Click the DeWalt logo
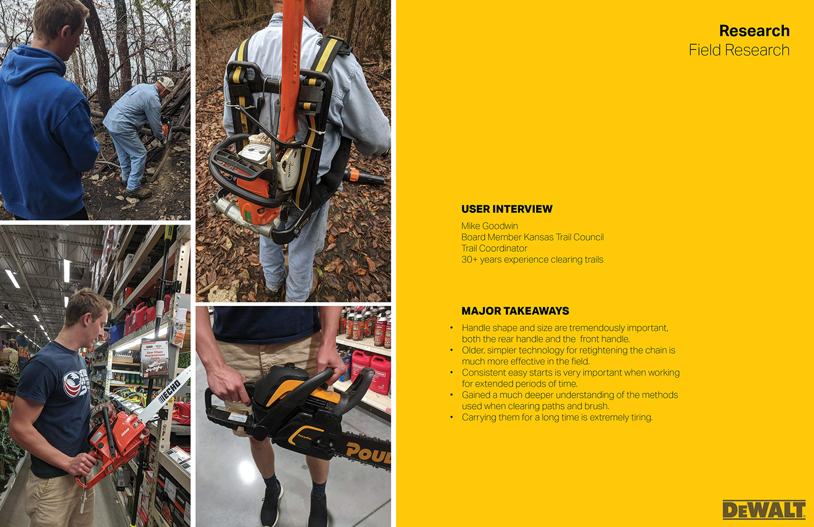pyautogui.click(x=763, y=510)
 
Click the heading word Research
pyautogui.click(x=754, y=31)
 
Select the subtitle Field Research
pyautogui.click(x=739, y=50)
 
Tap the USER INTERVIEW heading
pyautogui.click(x=506, y=209)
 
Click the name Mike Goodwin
pyautogui.click(x=490, y=226)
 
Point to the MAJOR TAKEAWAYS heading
pyautogui.click(x=515, y=311)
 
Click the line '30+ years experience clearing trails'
pyautogui.click(x=532, y=259)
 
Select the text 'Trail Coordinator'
pyautogui.click(x=494, y=248)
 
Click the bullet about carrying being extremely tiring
pyautogui.click(x=557, y=417)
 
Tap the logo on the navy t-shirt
pyautogui.click(x=75, y=383)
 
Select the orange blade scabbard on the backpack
pyautogui.click(x=290, y=70)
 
